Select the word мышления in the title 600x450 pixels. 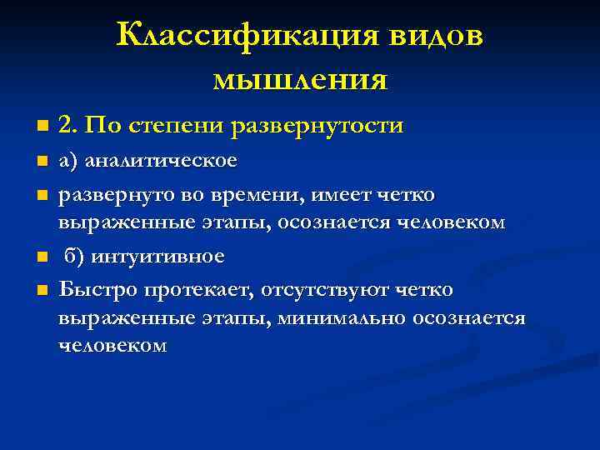[x=300, y=79]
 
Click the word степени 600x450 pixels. [x=177, y=127]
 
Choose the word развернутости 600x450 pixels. [x=318, y=126]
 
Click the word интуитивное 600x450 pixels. [x=157, y=256]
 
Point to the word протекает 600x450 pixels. [x=199, y=289]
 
